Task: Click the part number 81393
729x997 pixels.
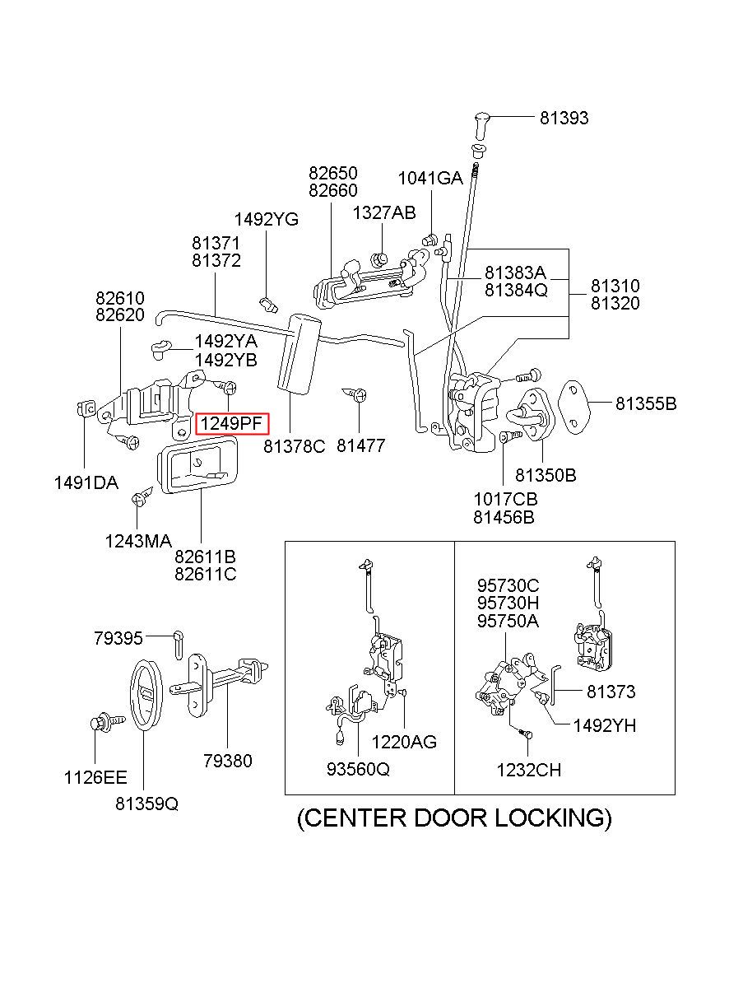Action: pos(564,118)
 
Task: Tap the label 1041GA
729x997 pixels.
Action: pos(430,178)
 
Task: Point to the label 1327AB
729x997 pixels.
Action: pos(384,212)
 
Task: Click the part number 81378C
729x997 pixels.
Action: pos(295,446)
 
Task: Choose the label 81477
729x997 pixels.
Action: pos(361,446)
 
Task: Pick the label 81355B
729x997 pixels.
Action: pos(646,403)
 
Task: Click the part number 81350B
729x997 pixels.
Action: pos(546,475)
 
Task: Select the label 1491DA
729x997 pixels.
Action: pos(86,483)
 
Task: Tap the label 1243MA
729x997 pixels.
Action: pos(138,541)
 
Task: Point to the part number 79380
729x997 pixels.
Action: pos(228,761)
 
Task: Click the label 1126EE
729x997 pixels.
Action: pos(95,777)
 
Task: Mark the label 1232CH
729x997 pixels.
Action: pos(529,770)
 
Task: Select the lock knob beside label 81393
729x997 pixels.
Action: pos(481,124)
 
